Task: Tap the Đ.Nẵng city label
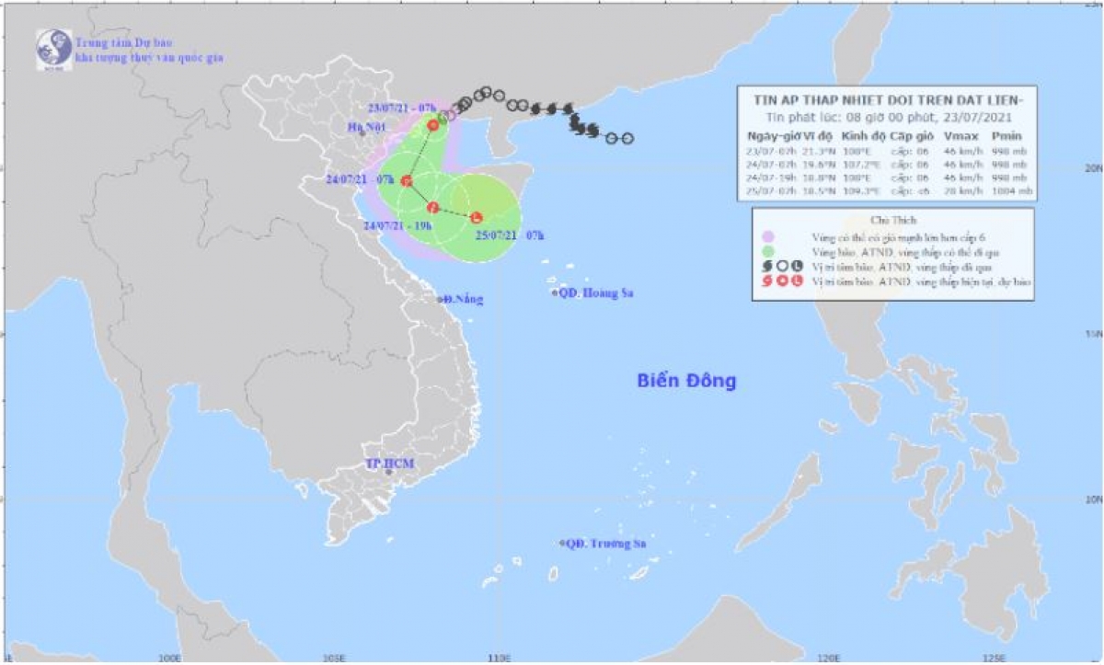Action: [x=462, y=299]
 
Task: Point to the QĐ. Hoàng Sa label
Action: [x=597, y=293]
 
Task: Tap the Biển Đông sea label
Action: [x=686, y=381]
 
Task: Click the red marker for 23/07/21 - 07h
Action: [x=433, y=125]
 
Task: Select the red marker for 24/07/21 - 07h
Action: [x=406, y=181]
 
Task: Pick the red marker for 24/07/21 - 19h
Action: [x=432, y=207]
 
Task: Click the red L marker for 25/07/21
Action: [x=476, y=218]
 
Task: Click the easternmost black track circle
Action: [x=627, y=139]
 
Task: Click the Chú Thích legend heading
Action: [x=889, y=221]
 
